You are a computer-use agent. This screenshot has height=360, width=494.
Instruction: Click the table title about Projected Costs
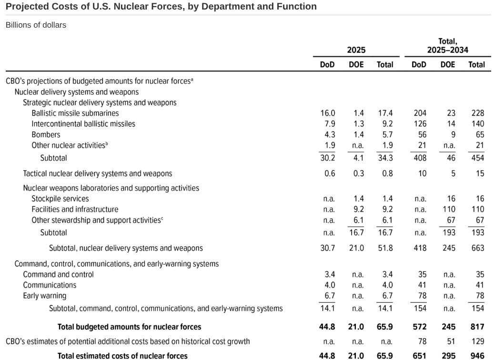click(x=161, y=7)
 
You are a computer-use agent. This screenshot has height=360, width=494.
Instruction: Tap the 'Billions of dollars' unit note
click(x=36, y=25)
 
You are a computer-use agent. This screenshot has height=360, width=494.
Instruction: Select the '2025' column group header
click(x=356, y=50)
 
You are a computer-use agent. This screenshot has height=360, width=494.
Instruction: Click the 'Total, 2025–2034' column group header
click(x=447, y=46)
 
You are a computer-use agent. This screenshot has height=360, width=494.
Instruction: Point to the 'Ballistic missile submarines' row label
click(x=75, y=113)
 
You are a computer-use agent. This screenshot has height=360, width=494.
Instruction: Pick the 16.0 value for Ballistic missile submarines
click(x=328, y=113)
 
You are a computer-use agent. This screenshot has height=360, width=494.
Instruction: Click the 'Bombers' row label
click(x=46, y=135)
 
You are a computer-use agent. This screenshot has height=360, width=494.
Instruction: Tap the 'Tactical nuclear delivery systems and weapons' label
click(x=98, y=174)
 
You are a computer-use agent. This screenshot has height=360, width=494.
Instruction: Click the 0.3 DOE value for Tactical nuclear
click(x=358, y=174)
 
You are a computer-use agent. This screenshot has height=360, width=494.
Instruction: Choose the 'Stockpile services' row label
click(x=60, y=199)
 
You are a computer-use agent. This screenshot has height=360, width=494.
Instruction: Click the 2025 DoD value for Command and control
click(x=329, y=274)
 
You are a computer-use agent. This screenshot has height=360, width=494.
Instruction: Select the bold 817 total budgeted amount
click(x=477, y=327)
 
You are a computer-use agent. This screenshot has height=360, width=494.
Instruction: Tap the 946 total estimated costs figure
click(x=477, y=356)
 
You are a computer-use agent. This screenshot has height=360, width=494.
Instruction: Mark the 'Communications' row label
click(x=50, y=285)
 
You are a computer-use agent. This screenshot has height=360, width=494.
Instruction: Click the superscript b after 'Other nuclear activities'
click(x=107, y=144)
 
